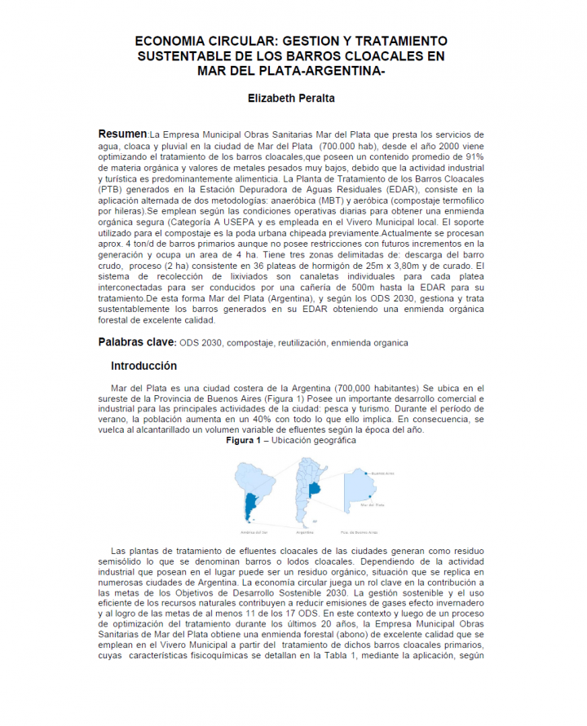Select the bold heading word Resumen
click(x=122, y=134)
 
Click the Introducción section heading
click(x=143, y=366)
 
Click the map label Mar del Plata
click(x=372, y=504)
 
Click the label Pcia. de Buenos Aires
click(x=372, y=531)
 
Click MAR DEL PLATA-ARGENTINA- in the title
click(x=291, y=70)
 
